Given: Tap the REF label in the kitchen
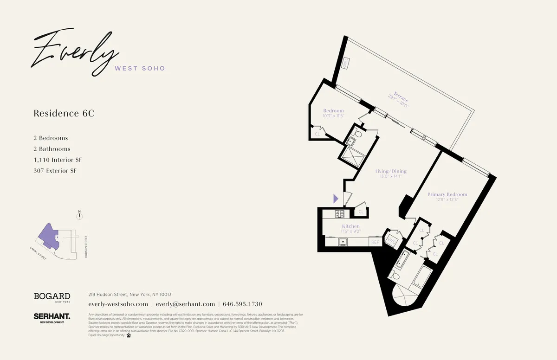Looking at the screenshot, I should [x=375, y=242].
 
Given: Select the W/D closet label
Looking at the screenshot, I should [x=391, y=241].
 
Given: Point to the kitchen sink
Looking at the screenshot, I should [x=344, y=242].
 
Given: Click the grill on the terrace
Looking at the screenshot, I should [x=346, y=64].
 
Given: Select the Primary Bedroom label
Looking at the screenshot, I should [x=447, y=194].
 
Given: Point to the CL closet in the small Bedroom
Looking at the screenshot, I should [x=317, y=134].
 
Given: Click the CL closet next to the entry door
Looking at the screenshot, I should [x=361, y=212].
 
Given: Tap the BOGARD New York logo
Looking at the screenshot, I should [x=52, y=297].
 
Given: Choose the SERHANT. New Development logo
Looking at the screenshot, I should [x=52, y=317].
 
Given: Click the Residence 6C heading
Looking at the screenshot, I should [x=64, y=113].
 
